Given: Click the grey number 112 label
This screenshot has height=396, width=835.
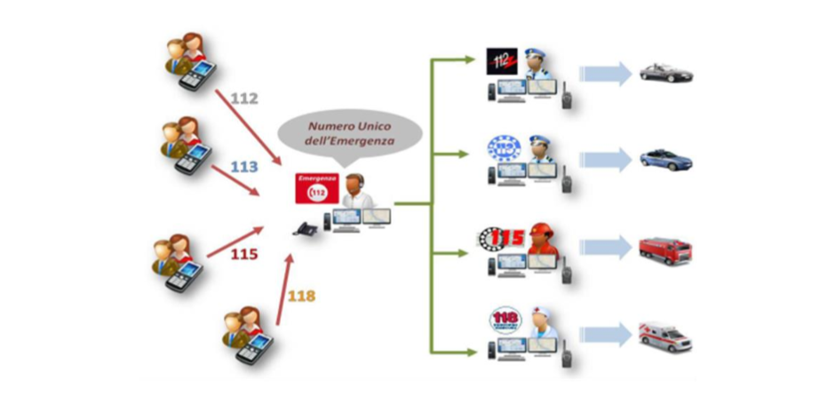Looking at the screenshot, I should (x=243, y=98).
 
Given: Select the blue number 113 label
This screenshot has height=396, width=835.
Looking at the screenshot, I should (x=244, y=166).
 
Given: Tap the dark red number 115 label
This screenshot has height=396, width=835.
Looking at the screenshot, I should (x=243, y=254).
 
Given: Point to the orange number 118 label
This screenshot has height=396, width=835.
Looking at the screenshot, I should (x=301, y=296).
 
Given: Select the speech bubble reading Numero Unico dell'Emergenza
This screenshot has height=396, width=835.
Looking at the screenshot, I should (x=349, y=133).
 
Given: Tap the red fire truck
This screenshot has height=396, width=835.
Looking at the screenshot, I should (x=664, y=249).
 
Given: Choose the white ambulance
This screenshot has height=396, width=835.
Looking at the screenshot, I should (x=665, y=337).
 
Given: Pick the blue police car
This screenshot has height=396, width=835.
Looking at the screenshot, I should (x=665, y=161).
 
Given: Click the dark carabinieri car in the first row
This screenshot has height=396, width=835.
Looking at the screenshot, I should (x=665, y=74).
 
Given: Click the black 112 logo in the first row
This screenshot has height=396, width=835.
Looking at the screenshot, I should (x=501, y=61).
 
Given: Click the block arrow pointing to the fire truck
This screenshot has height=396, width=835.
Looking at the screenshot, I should (x=606, y=249).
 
